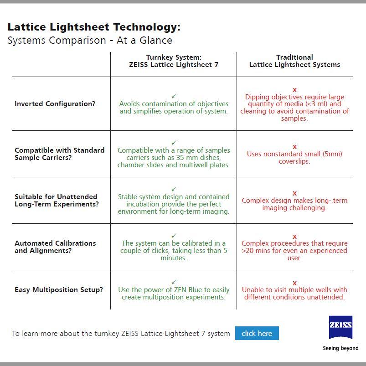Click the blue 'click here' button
[257, 333]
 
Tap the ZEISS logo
[340, 327]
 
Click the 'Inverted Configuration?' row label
[55, 103]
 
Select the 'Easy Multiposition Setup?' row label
[59, 290]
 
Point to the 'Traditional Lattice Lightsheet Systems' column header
[294, 61]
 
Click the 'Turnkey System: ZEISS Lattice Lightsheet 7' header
[174, 61]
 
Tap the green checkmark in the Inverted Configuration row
[174, 96]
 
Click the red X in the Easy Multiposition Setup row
[294, 283]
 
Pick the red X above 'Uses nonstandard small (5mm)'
[294, 147]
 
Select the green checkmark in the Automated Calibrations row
[174, 236]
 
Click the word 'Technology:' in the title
[147, 27]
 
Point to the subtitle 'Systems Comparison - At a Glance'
[90, 40]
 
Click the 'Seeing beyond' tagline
[340, 348]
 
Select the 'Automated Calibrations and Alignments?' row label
[55, 247]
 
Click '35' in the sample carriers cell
[180, 158]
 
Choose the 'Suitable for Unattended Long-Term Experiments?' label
[57, 200]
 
